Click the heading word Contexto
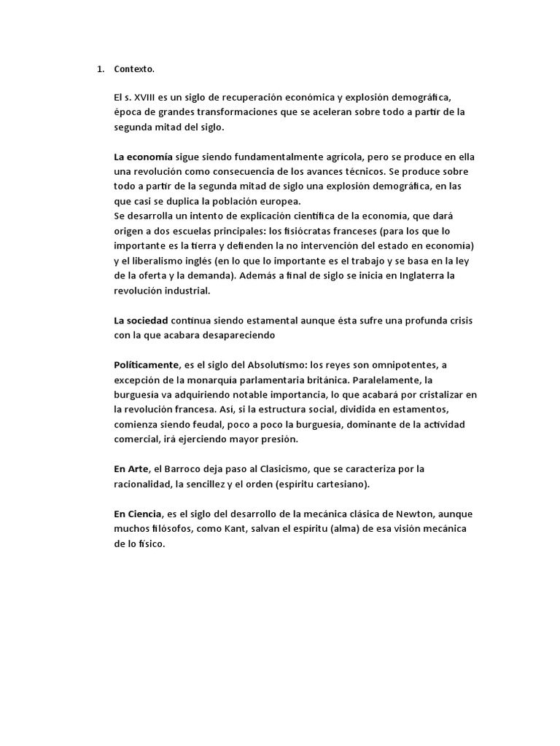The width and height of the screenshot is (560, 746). click(x=134, y=69)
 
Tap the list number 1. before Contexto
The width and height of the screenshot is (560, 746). click(x=101, y=69)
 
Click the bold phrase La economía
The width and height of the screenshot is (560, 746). click(x=143, y=157)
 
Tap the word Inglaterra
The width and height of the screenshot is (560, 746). click(x=413, y=275)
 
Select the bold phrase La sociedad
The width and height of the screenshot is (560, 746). click(x=141, y=321)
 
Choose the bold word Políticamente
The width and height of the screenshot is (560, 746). click(x=147, y=364)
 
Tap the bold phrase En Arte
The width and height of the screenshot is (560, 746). click(x=131, y=468)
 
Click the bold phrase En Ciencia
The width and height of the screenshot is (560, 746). click(x=138, y=514)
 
